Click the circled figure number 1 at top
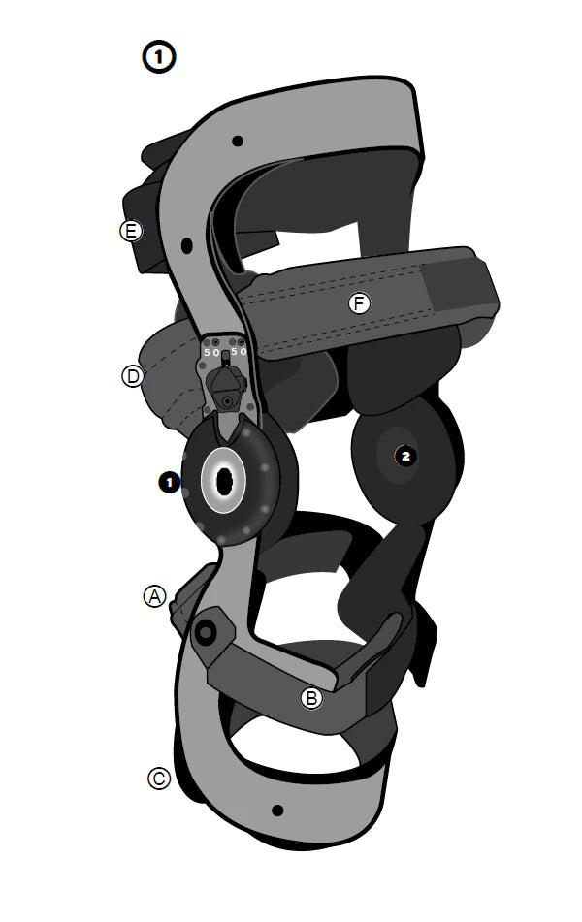[x=158, y=57]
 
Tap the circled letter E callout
[x=131, y=231]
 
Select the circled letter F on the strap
[x=359, y=303]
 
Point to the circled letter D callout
[x=133, y=376]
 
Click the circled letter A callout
[x=155, y=596]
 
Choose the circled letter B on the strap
[x=311, y=698]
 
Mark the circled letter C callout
[x=159, y=779]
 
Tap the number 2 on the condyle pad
[x=405, y=456]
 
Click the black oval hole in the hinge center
[x=224, y=482]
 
